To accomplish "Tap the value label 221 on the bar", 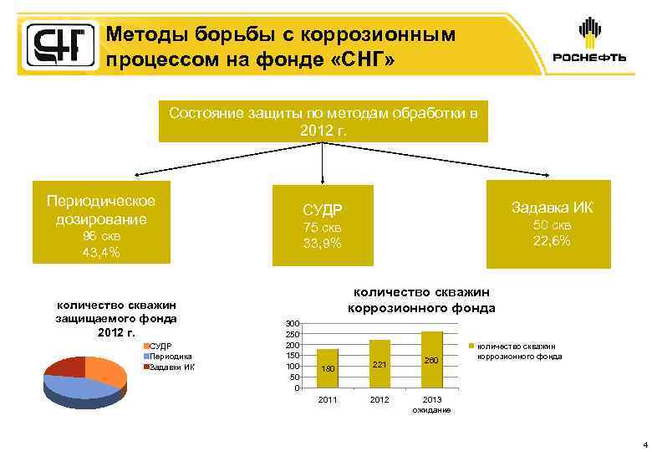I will (x=379, y=365).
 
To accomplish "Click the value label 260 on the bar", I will (x=431, y=360).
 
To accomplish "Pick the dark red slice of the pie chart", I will (x=65, y=366).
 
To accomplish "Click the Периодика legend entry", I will (x=171, y=356).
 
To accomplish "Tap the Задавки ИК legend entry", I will (x=172, y=367).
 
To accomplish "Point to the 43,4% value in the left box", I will (x=99, y=252).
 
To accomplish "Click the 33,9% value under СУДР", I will (x=323, y=244).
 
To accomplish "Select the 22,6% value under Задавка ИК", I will (x=552, y=241).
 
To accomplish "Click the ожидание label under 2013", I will (x=431, y=409).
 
